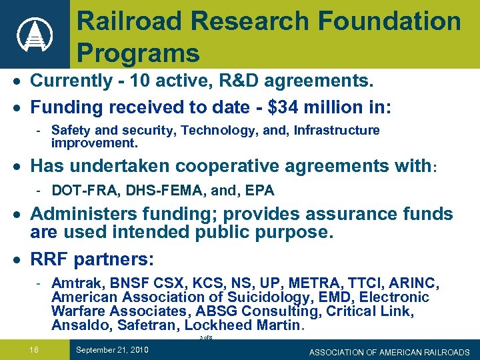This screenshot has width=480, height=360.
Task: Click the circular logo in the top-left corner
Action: click(34, 34)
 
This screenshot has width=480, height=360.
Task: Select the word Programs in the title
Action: click(138, 52)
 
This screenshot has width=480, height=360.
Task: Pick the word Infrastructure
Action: click(333, 130)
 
